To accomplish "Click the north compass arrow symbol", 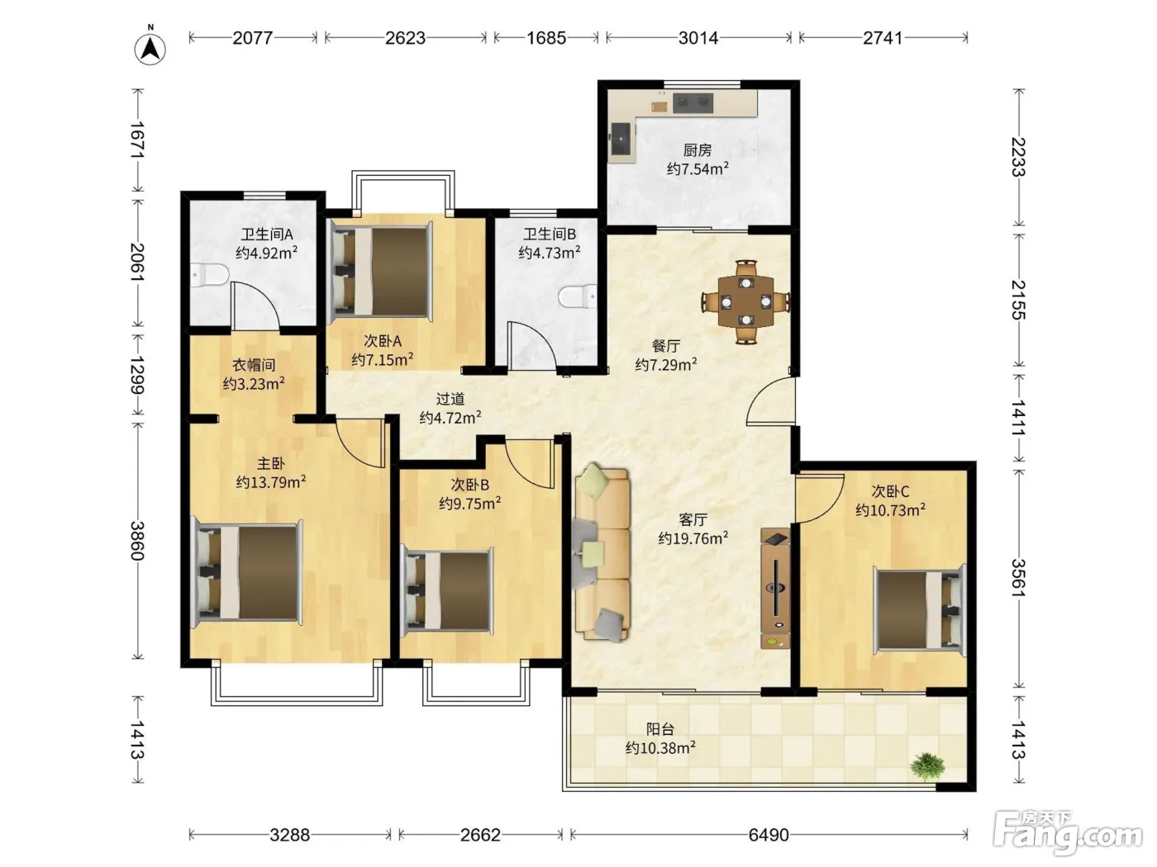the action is (150, 50).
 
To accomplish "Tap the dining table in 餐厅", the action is (745, 302).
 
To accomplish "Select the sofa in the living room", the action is (602, 552).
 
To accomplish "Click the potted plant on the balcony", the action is (928, 766).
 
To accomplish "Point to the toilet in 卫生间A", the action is (209, 275).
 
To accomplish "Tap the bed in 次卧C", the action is (919, 610).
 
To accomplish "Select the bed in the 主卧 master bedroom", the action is (247, 573).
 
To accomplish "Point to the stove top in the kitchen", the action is (693, 103).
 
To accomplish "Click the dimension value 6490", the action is (769, 834).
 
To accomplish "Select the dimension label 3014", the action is (698, 38).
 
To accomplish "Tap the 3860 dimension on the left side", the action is (137, 541).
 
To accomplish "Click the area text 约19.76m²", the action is (693, 538).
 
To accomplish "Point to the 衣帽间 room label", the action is (254, 365).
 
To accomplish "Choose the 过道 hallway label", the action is (450, 399).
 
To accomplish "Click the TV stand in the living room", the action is (775, 589).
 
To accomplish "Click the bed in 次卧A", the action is (381, 272).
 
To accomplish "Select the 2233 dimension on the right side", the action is (1019, 157).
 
